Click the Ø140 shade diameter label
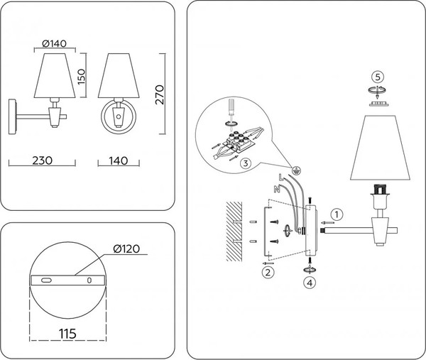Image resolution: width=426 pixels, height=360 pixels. click(x=54, y=44)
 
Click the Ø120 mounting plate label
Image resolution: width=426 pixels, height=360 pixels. click(x=125, y=249)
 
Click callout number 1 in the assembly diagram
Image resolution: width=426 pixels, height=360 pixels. click(x=338, y=213)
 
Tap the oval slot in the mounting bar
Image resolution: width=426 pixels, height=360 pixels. click(x=46, y=281)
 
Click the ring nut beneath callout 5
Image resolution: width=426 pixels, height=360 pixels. click(x=378, y=90)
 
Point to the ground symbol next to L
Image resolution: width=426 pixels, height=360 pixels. click(x=297, y=171)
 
